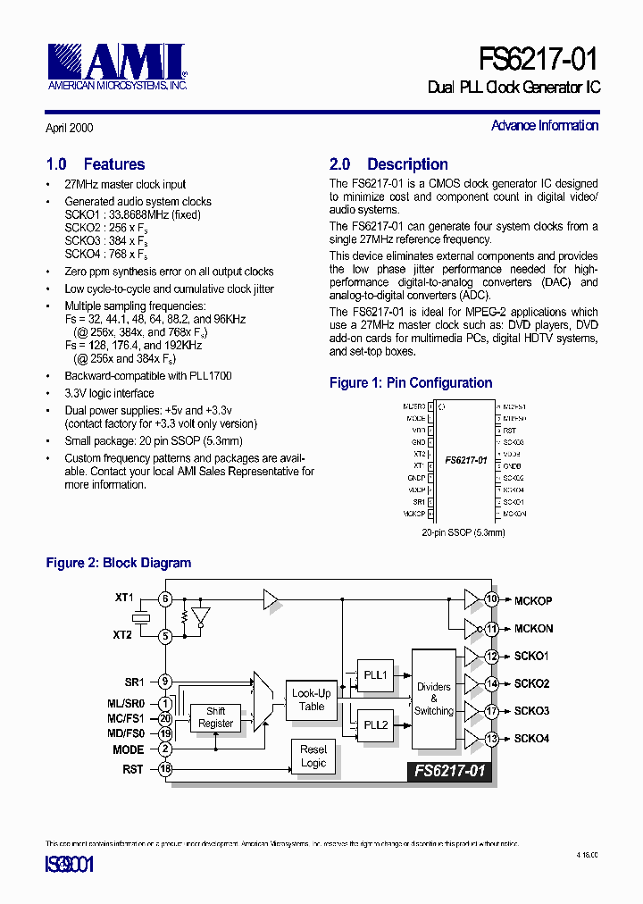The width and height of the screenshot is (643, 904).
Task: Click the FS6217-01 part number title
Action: [x=539, y=59]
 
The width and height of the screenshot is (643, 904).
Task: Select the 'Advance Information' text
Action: [x=545, y=126]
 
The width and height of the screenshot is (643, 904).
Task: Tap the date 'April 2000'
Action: [x=69, y=129]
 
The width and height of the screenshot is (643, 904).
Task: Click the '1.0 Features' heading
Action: [x=96, y=164]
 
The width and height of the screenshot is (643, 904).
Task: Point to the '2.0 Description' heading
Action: [x=388, y=164]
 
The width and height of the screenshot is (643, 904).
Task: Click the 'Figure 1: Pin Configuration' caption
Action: [x=411, y=383]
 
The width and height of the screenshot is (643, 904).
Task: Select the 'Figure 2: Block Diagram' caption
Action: [x=119, y=564]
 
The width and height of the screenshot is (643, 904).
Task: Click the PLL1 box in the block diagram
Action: [x=375, y=674]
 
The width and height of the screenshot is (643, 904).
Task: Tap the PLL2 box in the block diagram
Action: [x=375, y=724]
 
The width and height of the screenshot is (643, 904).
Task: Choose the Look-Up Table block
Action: [x=312, y=699]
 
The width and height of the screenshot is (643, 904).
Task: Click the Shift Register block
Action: [x=215, y=717]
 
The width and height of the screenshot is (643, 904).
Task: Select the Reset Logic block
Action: [x=313, y=757]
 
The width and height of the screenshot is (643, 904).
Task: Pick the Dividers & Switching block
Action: [x=434, y=699]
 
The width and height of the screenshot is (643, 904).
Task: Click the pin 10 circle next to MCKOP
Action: [x=491, y=599]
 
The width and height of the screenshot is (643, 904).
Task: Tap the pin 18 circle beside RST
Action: [x=165, y=769]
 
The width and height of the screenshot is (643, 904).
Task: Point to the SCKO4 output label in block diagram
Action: [x=532, y=739]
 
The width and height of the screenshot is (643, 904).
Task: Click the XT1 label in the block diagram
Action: [x=124, y=597]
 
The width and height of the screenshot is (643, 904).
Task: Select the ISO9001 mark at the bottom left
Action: [x=70, y=865]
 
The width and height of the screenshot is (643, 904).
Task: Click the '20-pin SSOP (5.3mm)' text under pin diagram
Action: [x=463, y=532]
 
